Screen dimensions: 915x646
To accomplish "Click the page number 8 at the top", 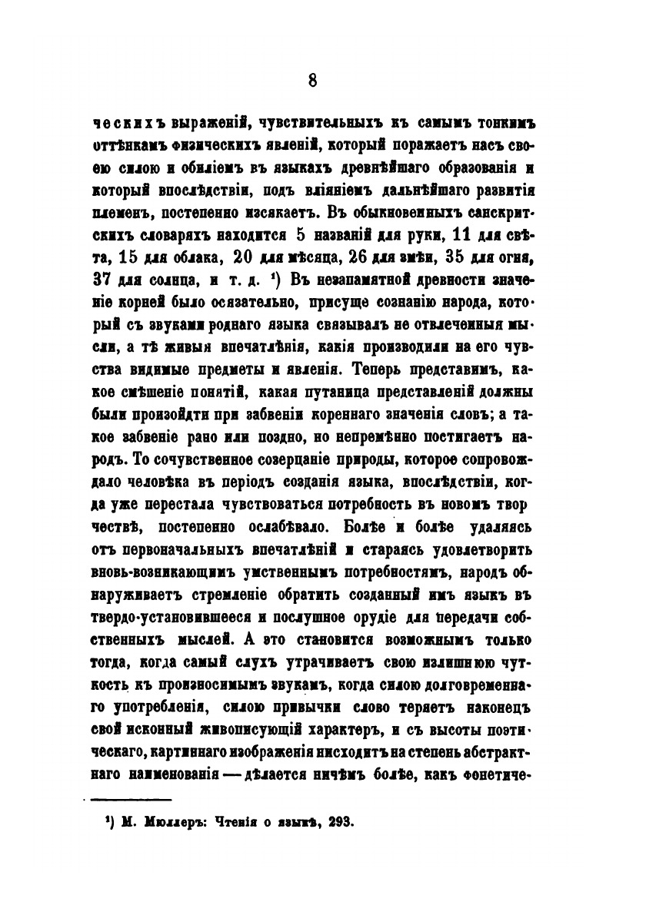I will [312, 81].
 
